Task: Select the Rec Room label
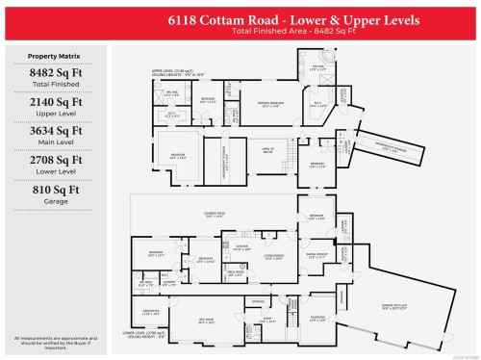point(204,319)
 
